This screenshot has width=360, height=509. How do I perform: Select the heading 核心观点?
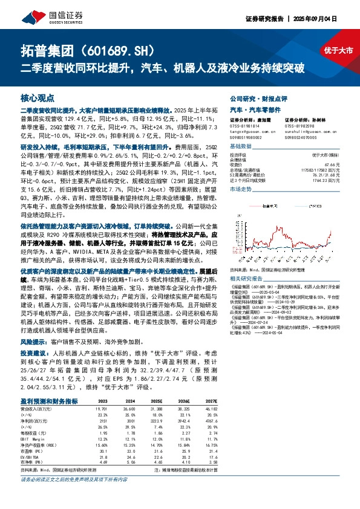point(38,97)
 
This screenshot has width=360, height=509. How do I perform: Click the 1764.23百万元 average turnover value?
point(336,180)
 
